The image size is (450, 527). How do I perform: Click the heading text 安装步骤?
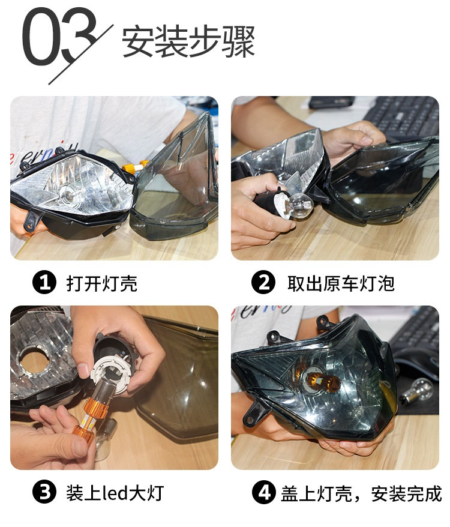click(x=188, y=41)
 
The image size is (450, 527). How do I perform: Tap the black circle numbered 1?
click(x=44, y=282)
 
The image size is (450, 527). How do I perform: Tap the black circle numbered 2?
click(x=263, y=282)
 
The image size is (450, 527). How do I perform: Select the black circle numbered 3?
click(x=44, y=492)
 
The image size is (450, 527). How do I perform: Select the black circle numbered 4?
click(x=264, y=492)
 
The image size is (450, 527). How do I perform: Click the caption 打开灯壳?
click(x=102, y=283)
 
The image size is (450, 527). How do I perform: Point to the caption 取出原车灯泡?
click(x=341, y=283)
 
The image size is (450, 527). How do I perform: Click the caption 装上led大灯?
click(x=115, y=493)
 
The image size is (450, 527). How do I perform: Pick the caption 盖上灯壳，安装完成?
click(x=361, y=493)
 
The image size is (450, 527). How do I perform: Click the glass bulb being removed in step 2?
click(x=301, y=205)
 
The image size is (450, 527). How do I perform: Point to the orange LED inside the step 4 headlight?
click(x=323, y=381)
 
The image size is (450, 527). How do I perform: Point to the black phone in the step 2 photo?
click(x=331, y=102)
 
